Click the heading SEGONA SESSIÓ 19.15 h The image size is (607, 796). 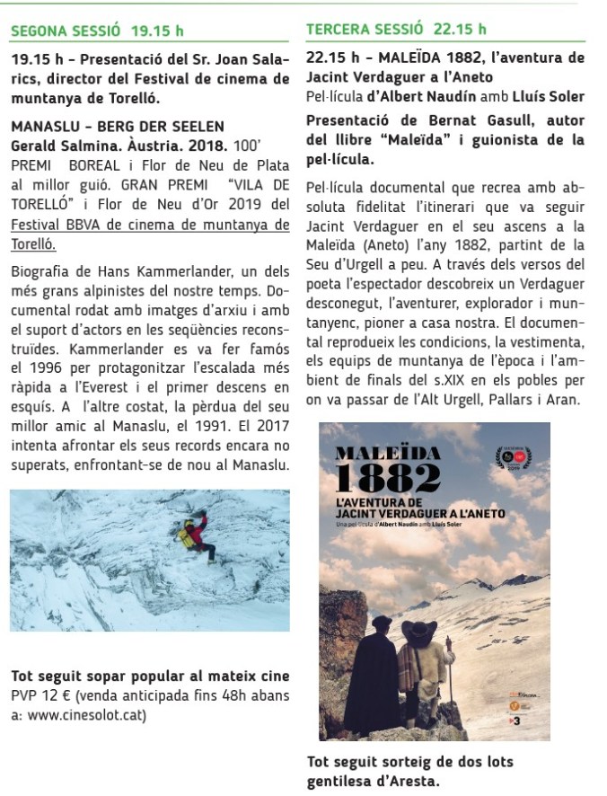tap(97, 31)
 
